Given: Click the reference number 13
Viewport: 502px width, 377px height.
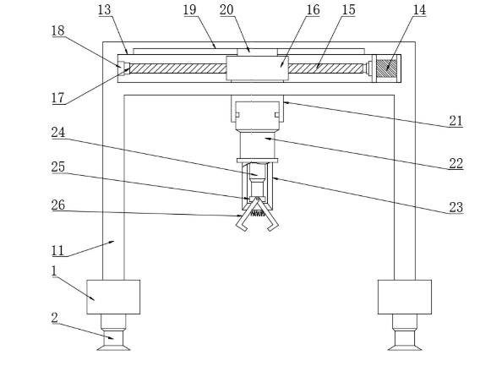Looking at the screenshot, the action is tap(104, 10).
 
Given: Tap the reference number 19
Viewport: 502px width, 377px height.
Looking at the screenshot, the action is tap(190, 10).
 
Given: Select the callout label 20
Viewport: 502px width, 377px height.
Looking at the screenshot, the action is tap(226, 10).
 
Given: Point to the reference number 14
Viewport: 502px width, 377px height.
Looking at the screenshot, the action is tap(419, 10).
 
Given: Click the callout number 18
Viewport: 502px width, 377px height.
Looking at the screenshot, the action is tap(58, 30).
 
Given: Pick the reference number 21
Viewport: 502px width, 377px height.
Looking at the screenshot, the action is tap(456, 121).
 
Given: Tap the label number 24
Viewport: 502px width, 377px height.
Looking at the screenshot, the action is tap(58, 132).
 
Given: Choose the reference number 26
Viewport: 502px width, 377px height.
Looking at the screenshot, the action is tap(58, 205).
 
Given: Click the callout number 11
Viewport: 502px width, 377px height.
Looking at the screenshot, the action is tap(58, 250).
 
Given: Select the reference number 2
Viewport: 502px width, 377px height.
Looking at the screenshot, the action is tap(54, 318).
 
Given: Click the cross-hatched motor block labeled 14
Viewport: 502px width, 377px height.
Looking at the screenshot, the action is tap(387, 68).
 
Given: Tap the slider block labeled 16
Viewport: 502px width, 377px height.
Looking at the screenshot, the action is tap(258, 68).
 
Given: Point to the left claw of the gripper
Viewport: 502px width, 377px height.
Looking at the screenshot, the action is tap(246, 216).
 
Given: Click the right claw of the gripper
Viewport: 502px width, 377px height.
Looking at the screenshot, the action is tap(268, 216).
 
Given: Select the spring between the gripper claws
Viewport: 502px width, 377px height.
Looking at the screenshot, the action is tap(258, 213).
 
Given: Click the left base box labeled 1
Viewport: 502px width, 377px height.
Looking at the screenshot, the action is tap(113, 297).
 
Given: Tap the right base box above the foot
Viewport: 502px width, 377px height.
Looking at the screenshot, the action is tap(405, 297).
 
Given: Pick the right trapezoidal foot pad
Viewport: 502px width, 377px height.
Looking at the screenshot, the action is tap(405, 347).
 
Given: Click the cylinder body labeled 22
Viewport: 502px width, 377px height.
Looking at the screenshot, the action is tap(258, 145).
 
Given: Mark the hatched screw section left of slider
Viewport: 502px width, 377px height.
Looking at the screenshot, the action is tap(177, 68).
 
